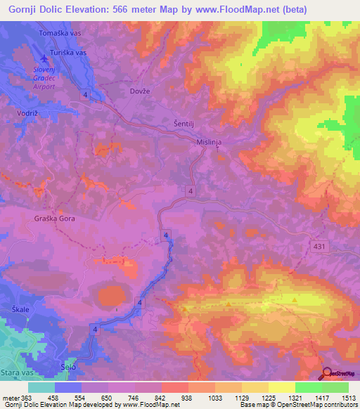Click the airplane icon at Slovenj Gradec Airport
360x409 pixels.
[46, 58]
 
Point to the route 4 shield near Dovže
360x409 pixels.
[85, 94]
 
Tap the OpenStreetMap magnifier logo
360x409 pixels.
[328, 373]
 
